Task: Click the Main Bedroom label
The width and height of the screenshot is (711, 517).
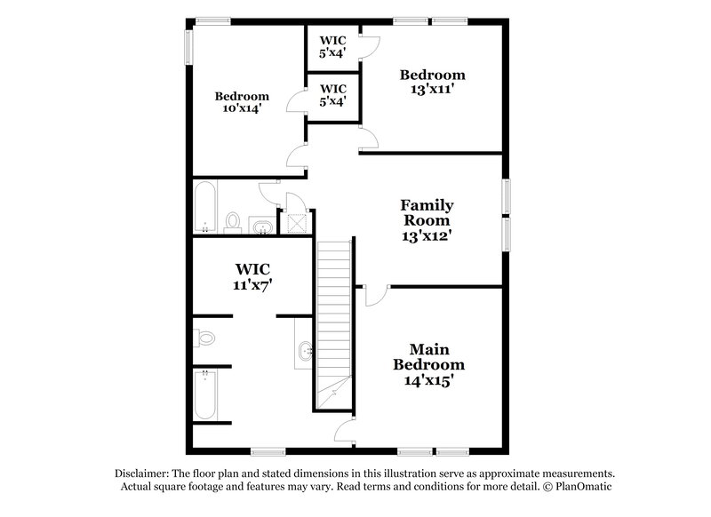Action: pos(429,365)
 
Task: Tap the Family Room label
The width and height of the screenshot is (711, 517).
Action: pos(427,220)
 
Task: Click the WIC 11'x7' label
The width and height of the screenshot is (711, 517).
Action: pos(252,276)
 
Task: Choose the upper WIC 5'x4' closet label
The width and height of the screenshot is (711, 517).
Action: pos(332,45)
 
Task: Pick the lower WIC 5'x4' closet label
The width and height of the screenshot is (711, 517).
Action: pos(332,95)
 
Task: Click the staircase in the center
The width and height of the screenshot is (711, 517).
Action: pos(335,320)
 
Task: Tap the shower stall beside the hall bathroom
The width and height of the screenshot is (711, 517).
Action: pos(295,222)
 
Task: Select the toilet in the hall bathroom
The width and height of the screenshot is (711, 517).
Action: pos(234,220)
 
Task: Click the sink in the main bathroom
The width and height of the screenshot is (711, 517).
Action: pos(304,350)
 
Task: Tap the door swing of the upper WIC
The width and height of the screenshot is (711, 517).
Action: pos(371,48)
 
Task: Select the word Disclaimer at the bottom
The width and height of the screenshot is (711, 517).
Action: pos(144,473)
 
